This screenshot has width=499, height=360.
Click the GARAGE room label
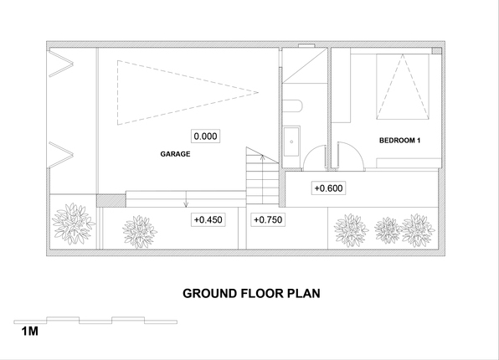(x=175, y=154)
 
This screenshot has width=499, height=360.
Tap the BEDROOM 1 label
(x=399, y=141)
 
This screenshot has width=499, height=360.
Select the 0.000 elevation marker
(x=205, y=136)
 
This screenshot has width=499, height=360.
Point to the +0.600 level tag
(x=328, y=188)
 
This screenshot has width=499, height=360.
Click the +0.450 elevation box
(x=208, y=219)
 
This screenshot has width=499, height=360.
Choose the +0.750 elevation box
(x=268, y=219)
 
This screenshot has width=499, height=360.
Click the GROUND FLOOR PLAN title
(x=251, y=294)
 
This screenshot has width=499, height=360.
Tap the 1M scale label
(x=29, y=332)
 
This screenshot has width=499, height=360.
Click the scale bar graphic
(x=95, y=320)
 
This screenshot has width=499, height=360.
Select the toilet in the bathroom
(x=292, y=106)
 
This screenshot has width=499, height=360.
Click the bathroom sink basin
(x=291, y=141)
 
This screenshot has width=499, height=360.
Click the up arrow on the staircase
(x=262, y=179)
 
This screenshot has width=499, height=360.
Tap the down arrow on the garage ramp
(x=186, y=199)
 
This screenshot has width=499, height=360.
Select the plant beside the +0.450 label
(x=139, y=232)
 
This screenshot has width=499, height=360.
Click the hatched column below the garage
(x=111, y=201)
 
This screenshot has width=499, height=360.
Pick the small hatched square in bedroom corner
(x=436, y=50)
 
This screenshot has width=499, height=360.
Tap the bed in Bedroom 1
(x=403, y=86)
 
